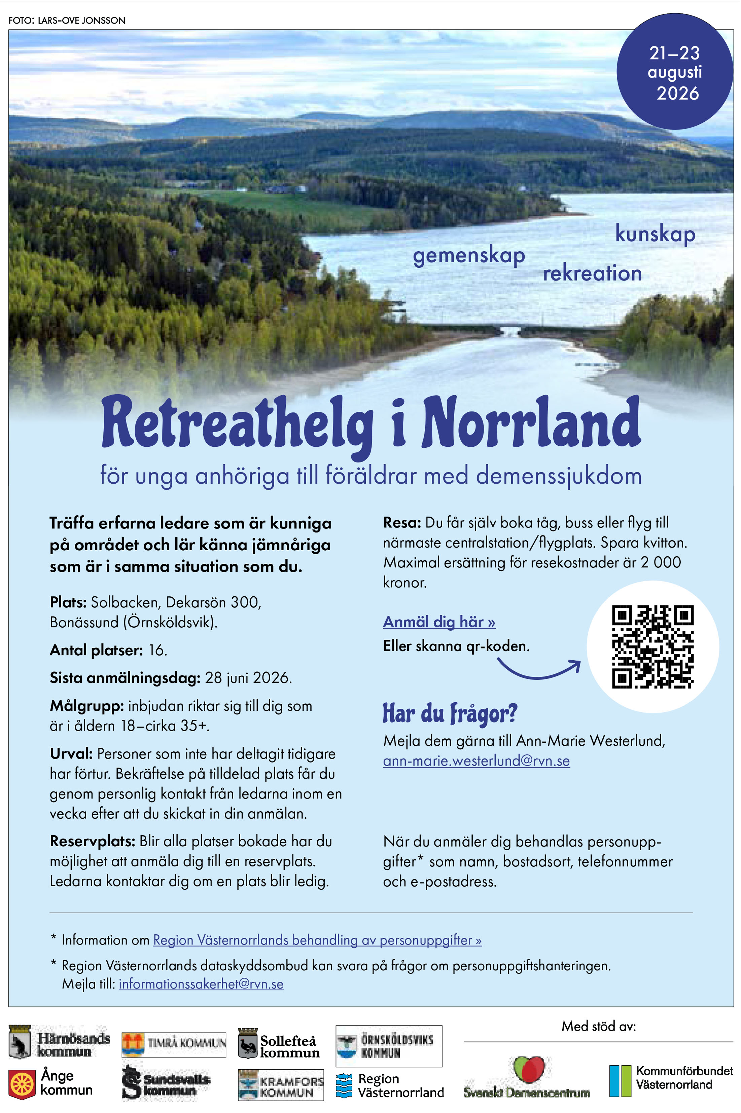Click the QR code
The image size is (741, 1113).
click(x=652, y=646)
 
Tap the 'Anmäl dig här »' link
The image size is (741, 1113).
click(x=439, y=622)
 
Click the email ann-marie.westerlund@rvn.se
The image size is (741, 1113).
click(x=477, y=761)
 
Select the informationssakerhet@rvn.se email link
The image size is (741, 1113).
click(x=201, y=984)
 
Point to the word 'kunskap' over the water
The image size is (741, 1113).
click(x=655, y=234)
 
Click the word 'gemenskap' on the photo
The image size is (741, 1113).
click(x=469, y=256)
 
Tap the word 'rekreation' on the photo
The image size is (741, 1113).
click(x=592, y=273)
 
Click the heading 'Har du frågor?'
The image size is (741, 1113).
click(x=450, y=713)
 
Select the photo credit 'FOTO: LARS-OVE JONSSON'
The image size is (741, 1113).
click(x=67, y=20)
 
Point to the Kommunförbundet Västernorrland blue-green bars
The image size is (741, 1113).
click(x=620, y=1081)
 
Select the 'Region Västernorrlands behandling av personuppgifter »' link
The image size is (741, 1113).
click(x=317, y=940)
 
